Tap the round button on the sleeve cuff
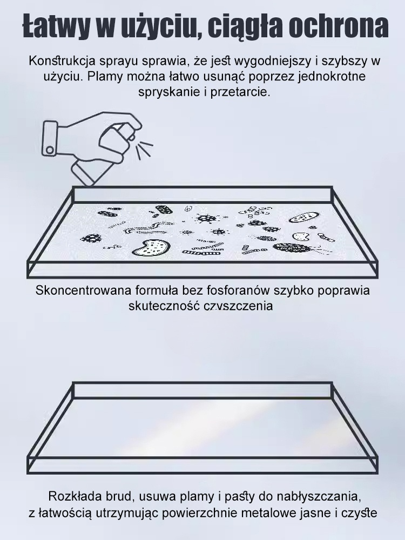coord(50,148)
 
